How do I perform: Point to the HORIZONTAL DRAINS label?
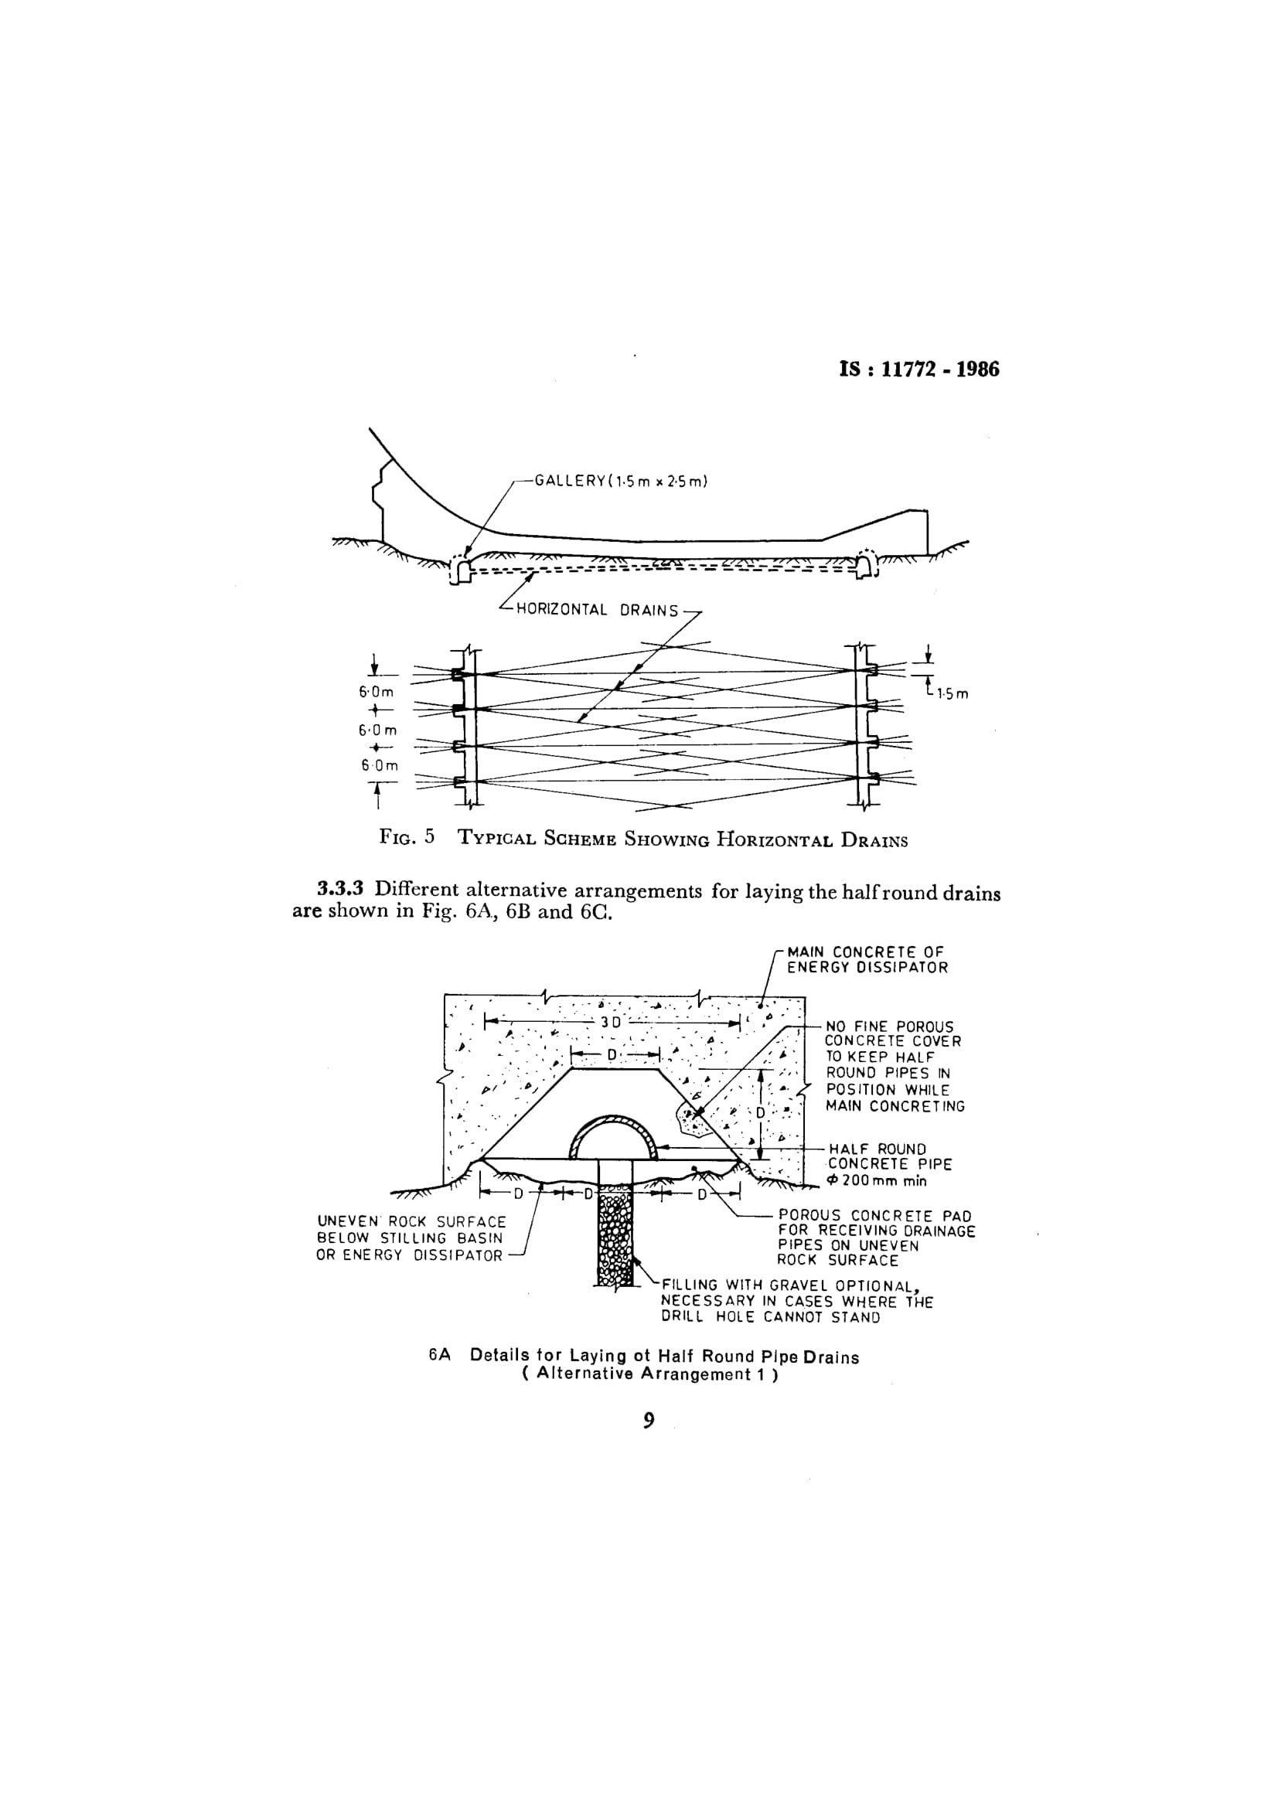[x=597, y=611]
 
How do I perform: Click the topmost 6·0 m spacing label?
[x=377, y=692]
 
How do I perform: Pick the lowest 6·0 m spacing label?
[x=380, y=765]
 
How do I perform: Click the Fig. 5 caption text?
[x=643, y=838]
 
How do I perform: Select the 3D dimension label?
[x=612, y=1023]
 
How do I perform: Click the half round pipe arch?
[x=613, y=1119]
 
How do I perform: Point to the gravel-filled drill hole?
[x=615, y=1229]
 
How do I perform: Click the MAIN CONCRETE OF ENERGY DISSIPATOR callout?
[x=867, y=960]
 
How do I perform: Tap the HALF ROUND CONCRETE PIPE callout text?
[x=890, y=1165]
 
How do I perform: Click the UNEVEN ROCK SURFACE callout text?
[x=411, y=1238]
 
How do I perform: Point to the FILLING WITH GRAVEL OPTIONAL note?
[x=797, y=1301]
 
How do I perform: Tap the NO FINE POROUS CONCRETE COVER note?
[x=895, y=1066]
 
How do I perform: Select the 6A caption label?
[x=439, y=1356]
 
